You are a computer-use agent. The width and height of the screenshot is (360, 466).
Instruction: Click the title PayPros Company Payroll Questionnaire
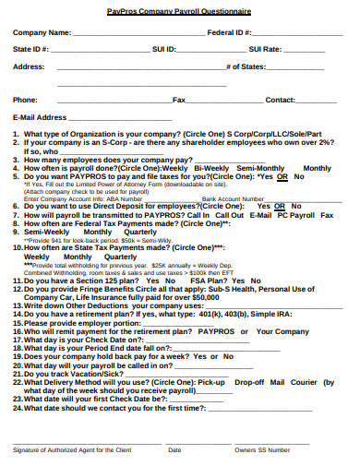click(179, 10)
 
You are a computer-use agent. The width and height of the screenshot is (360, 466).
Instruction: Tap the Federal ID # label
click(231, 31)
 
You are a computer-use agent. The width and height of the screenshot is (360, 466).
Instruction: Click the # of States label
click(246, 66)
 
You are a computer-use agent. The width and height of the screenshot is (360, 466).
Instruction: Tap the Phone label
click(26, 99)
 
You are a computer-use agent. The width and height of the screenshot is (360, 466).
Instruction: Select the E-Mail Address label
click(40, 117)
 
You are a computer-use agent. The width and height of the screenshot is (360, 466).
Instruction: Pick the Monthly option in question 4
click(317, 168)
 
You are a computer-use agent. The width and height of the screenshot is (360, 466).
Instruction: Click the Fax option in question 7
click(327, 214)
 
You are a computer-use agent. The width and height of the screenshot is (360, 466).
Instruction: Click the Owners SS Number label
click(262, 449)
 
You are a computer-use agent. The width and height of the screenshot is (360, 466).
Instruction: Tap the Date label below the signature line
click(174, 449)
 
